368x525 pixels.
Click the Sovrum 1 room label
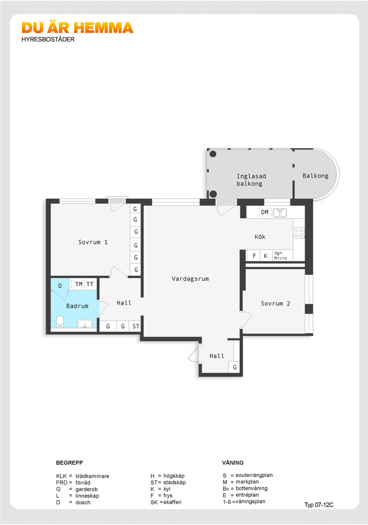click(x=93, y=242)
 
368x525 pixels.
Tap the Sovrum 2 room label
click(x=275, y=303)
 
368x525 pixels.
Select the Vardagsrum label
click(x=190, y=279)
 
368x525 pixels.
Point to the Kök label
click(x=260, y=237)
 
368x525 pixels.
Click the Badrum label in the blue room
click(x=77, y=306)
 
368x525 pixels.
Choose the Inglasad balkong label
click(x=251, y=180)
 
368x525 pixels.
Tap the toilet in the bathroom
click(x=60, y=321)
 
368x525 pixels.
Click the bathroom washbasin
click(x=85, y=324)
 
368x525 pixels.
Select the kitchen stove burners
click(x=298, y=233)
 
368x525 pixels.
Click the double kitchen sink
click(x=279, y=212)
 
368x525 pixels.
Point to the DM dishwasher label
click(x=265, y=212)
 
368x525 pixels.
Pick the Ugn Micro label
click(x=280, y=256)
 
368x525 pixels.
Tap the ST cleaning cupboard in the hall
click(x=136, y=326)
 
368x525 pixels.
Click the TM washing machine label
click(x=79, y=284)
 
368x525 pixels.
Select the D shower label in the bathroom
click(x=60, y=286)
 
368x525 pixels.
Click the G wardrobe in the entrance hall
click(x=235, y=367)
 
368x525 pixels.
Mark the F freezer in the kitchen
click(x=254, y=256)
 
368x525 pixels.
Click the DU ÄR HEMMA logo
click(x=77, y=28)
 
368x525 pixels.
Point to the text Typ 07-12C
click(x=319, y=505)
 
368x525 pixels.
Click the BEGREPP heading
click(x=70, y=462)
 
